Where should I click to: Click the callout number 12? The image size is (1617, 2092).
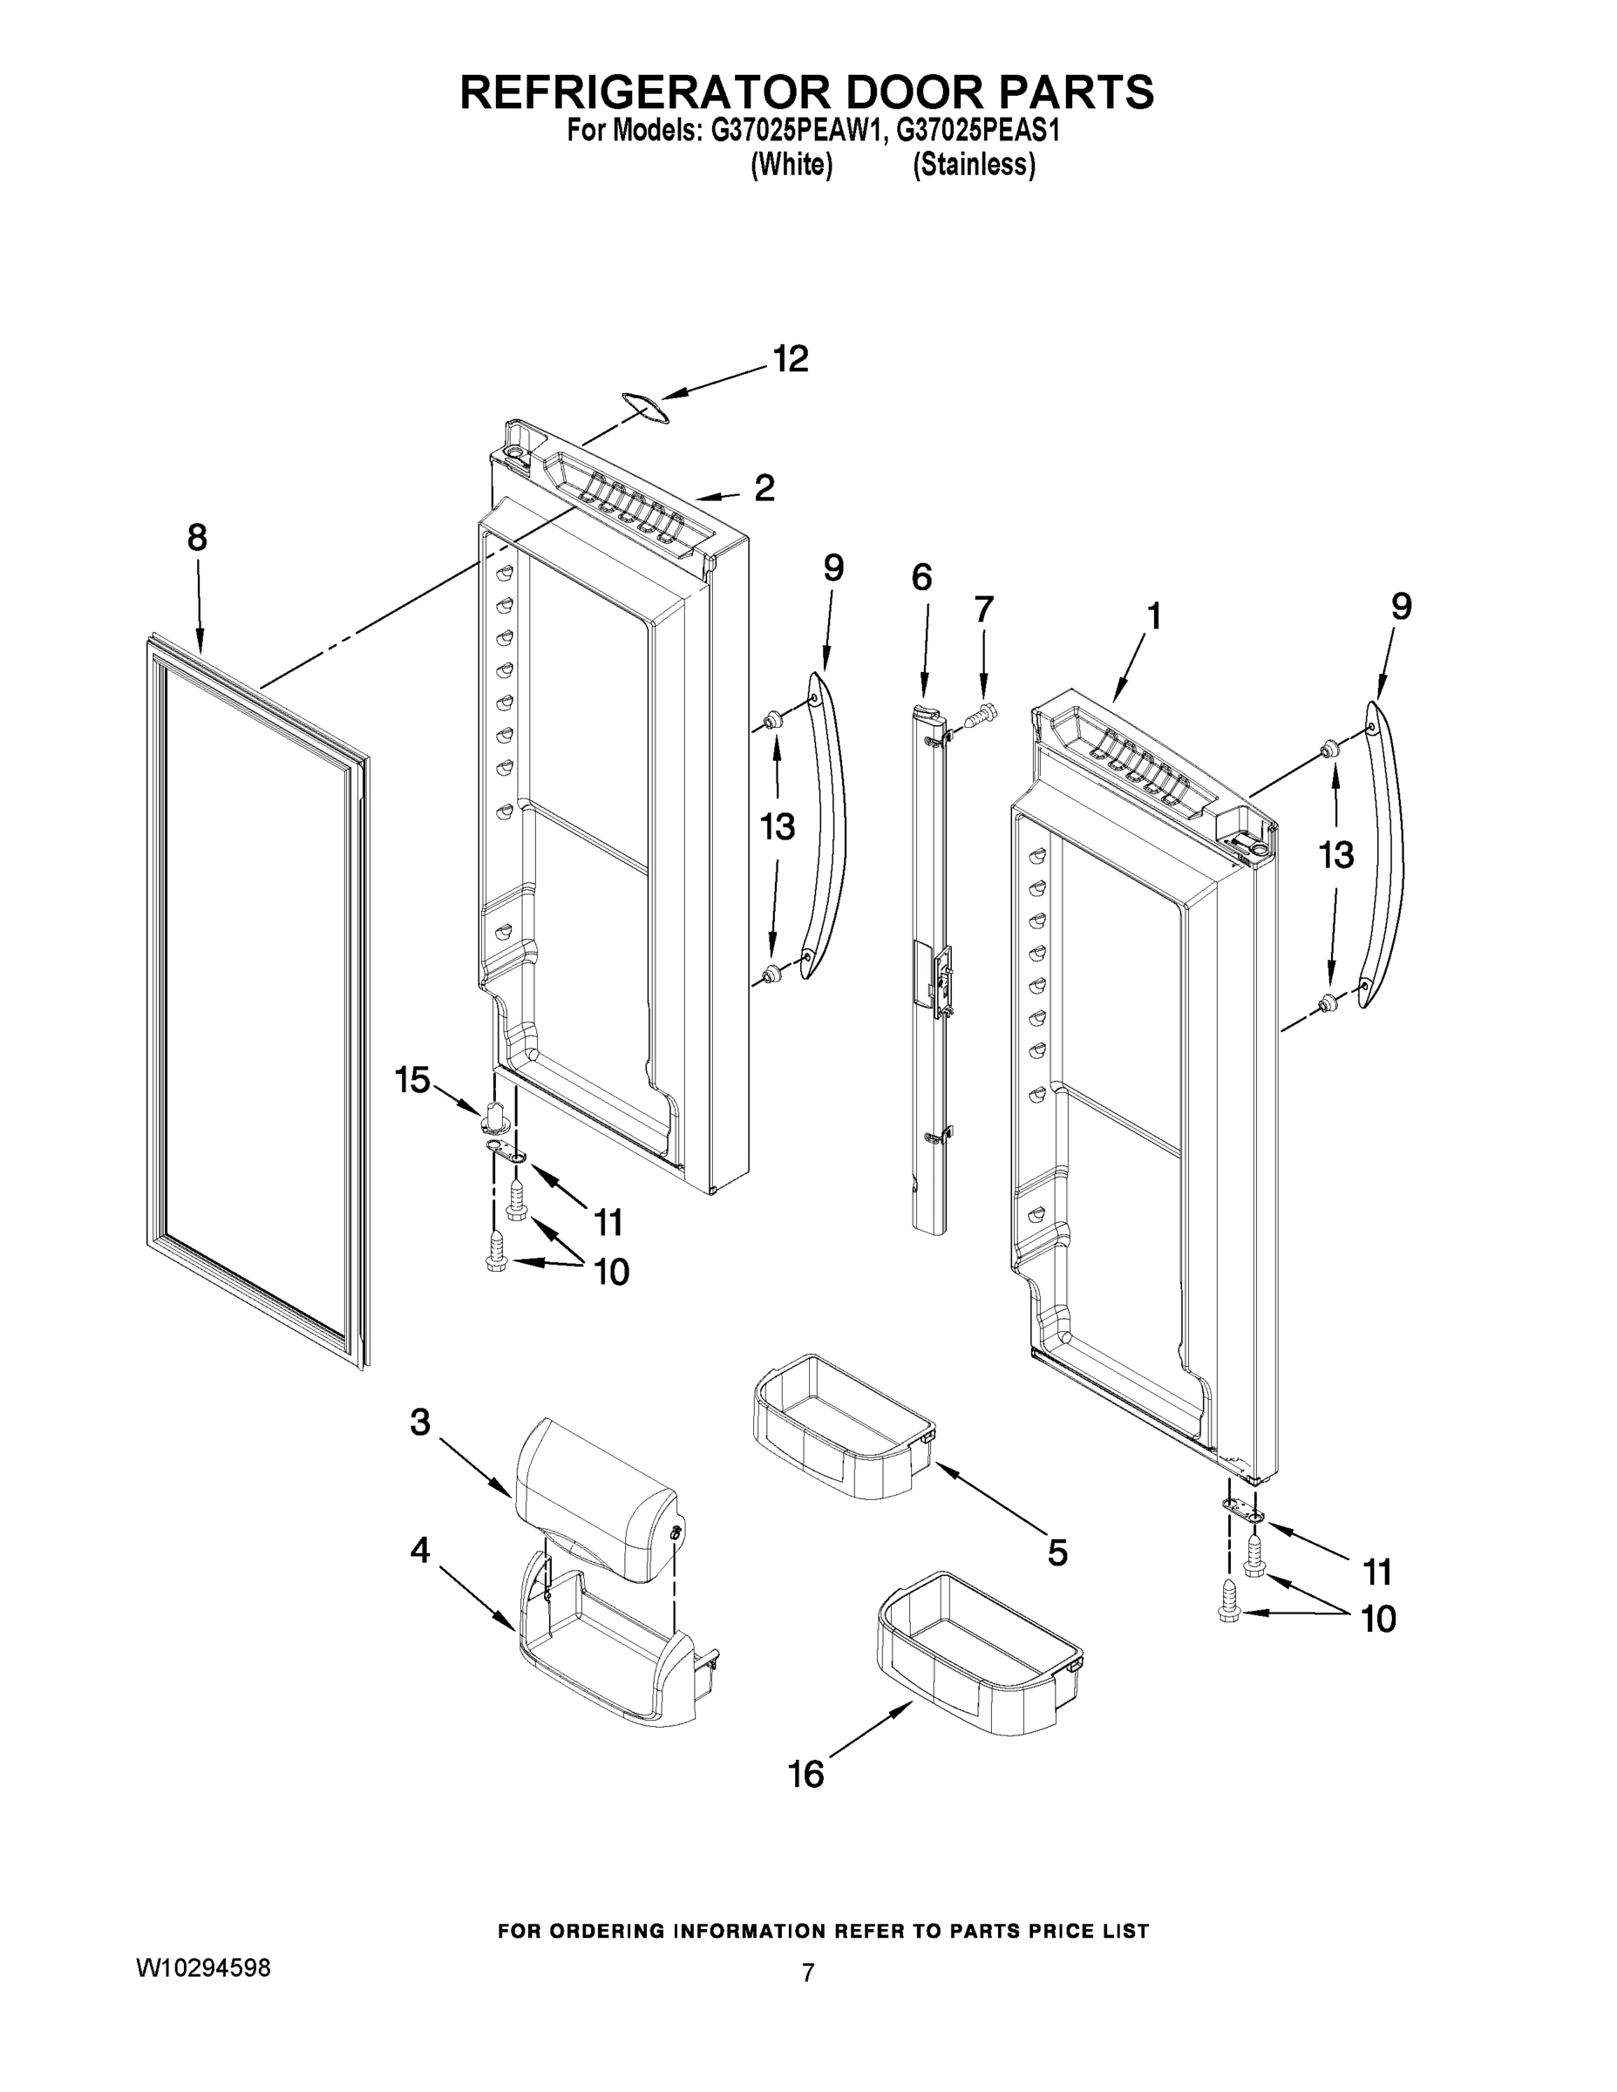pos(792,359)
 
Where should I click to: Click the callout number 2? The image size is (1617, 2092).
pos(764,488)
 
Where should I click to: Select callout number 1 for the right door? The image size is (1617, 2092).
pos(1154,616)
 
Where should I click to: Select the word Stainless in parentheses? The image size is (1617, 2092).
pos(974,166)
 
